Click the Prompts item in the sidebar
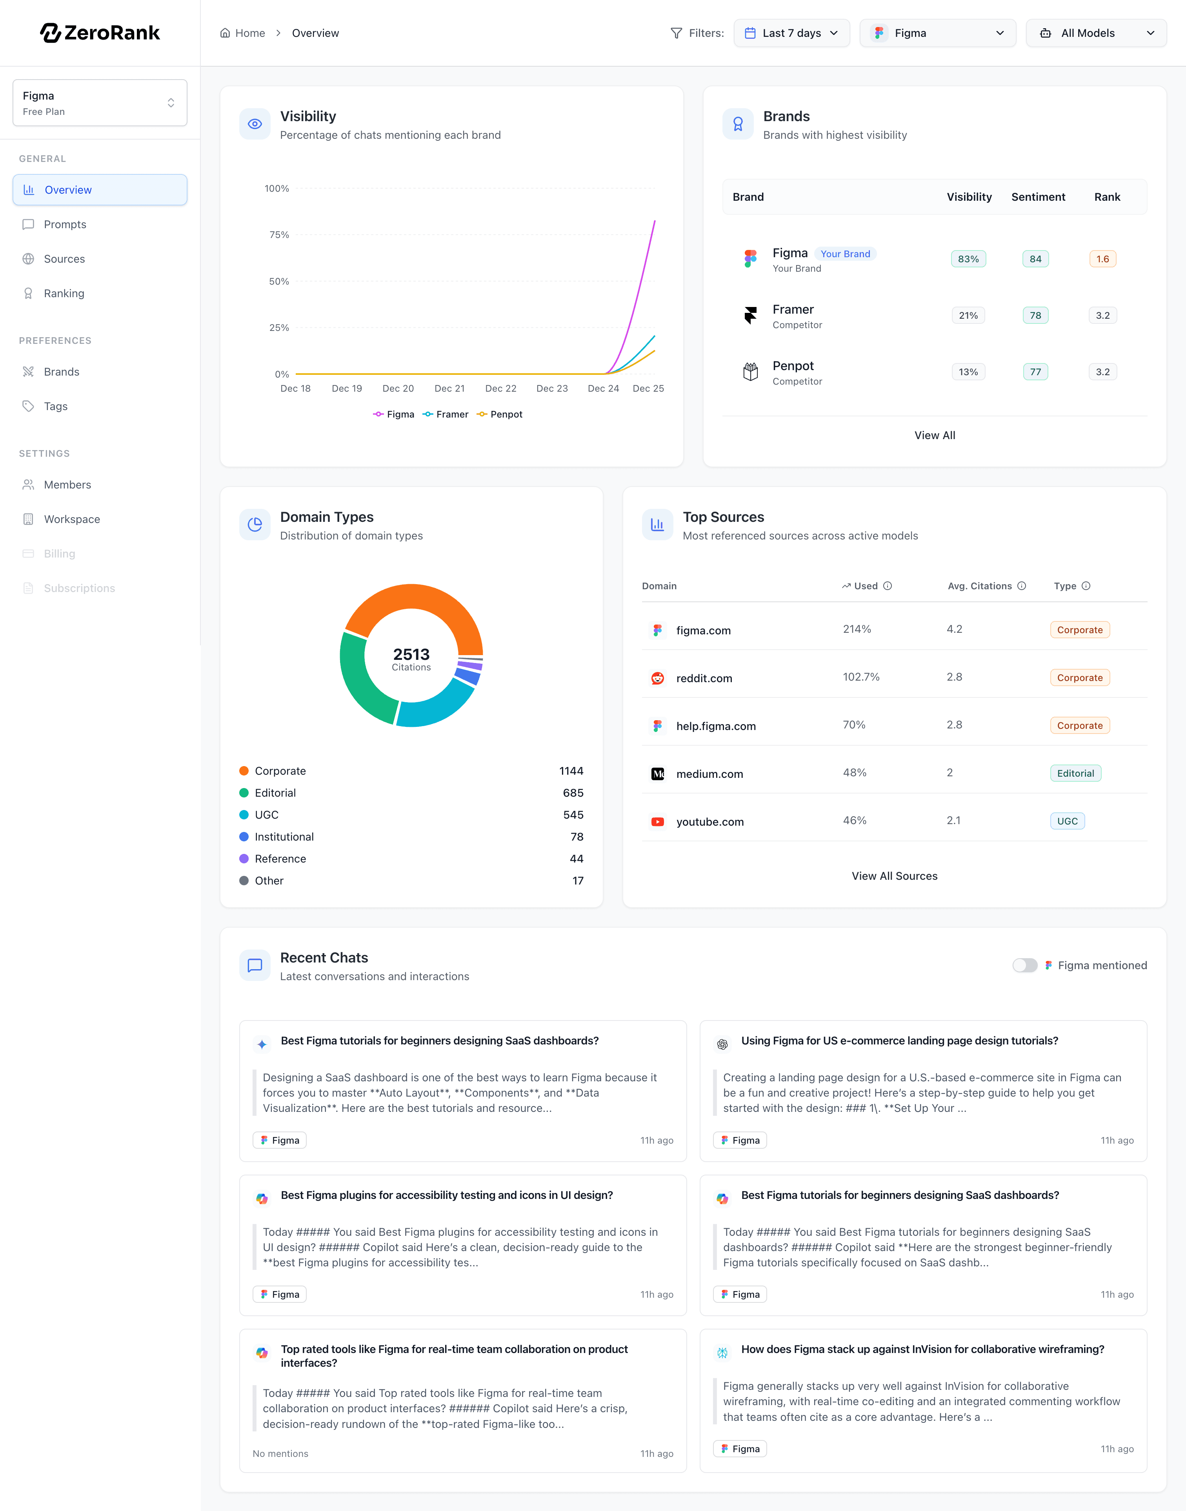(65, 224)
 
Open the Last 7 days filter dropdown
(791, 33)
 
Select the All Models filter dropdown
(1096, 33)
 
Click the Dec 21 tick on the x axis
(449, 389)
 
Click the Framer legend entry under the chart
(446, 414)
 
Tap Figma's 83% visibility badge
(968, 259)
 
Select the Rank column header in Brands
(1107, 197)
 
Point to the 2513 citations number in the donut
(411, 654)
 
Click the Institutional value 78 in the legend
(577, 836)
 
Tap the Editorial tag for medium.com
(1075, 773)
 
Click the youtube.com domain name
(709, 822)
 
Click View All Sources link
(894, 876)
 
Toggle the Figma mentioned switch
(1024, 966)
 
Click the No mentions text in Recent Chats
(280, 1453)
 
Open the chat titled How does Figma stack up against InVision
(922, 1349)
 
